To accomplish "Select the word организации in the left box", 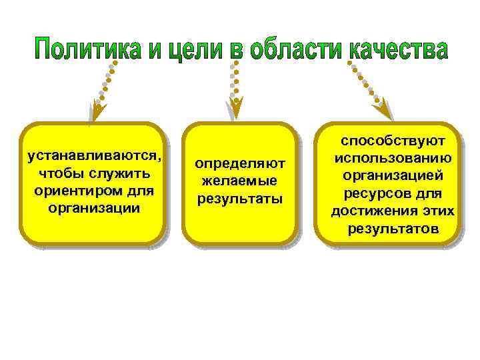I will (x=94, y=207).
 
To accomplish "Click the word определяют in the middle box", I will (x=239, y=164).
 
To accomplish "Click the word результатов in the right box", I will (x=393, y=229).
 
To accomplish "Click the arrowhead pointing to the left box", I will (x=97, y=111).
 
